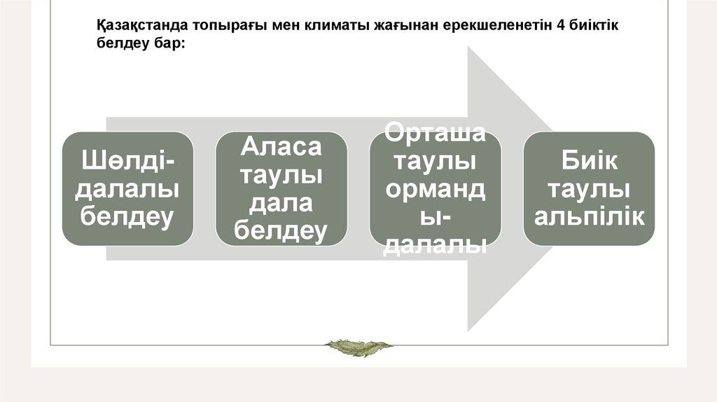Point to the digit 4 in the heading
[559, 26]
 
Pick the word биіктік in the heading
[593, 26]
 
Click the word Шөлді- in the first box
[127, 161]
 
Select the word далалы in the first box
[127, 189]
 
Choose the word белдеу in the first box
[127, 216]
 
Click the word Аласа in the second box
[281, 147]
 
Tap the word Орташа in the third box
[435, 133]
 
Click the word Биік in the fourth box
[589, 161]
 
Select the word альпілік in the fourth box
[589, 216]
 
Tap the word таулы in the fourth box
[589, 189]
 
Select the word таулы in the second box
[281, 175]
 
